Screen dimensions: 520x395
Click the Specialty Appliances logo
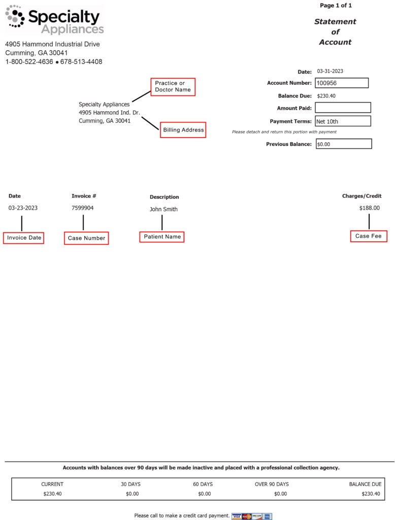click(54, 20)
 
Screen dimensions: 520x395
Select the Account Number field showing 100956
click(342, 83)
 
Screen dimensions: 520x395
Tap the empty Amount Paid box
click(343, 108)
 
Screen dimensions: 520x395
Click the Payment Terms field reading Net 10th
click(343, 121)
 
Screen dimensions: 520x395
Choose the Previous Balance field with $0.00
click(343, 144)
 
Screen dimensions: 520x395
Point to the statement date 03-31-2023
click(330, 71)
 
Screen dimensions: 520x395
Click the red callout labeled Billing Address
click(183, 130)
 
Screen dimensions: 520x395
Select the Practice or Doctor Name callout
click(173, 86)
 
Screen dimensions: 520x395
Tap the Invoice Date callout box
click(24, 238)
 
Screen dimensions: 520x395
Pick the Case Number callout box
click(86, 238)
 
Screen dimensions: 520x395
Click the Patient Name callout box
click(162, 237)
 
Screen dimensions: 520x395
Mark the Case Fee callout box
click(368, 236)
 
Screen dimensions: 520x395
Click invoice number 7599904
click(83, 208)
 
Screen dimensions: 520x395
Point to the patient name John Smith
click(163, 209)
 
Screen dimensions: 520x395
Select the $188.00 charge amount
click(369, 208)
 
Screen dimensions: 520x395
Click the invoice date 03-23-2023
click(23, 208)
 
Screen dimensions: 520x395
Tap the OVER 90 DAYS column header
click(272, 484)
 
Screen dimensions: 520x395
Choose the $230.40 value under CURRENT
click(52, 494)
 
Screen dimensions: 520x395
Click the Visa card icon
click(236, 516)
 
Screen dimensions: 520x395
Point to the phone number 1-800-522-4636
click(29, 62)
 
